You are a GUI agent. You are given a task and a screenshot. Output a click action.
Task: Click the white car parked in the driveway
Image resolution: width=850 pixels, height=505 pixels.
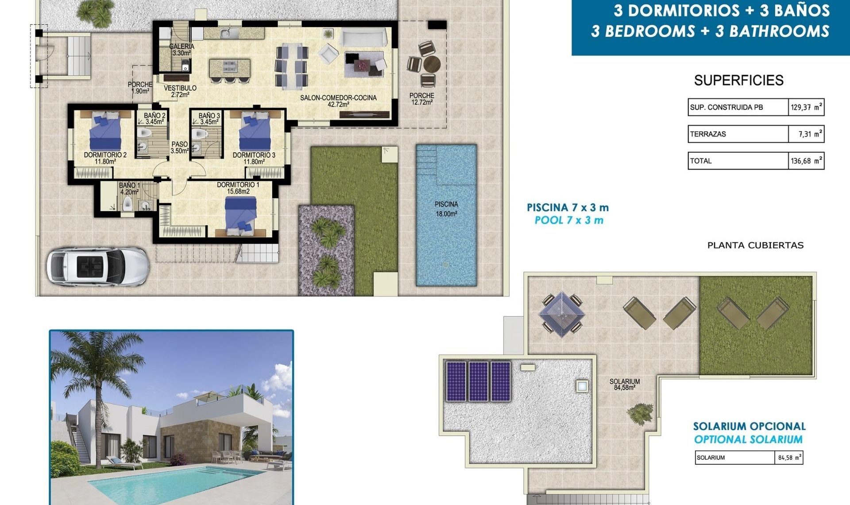click(x=97, y=266)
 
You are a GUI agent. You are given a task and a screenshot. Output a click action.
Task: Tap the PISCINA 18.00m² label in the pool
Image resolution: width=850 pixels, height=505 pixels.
click(x=446, y=209)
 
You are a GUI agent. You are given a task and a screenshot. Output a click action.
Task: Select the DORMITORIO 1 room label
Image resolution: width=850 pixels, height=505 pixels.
click(x=238, y=188)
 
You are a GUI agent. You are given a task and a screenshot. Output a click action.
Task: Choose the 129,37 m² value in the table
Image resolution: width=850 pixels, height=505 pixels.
click(x=806, y=107)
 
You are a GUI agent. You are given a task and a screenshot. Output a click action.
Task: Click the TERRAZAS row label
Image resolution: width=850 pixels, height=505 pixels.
click(x=708, y=134)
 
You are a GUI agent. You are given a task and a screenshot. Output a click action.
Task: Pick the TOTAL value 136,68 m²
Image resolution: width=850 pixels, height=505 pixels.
click(x=806, y=161)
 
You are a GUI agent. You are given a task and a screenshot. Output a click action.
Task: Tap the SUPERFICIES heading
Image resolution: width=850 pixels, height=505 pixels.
click(x=738, y=80)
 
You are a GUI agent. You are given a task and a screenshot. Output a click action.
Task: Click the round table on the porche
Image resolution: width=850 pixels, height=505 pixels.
click(x=432, y=64)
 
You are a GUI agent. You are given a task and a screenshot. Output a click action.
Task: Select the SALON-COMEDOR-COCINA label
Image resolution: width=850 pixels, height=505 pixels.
click(x=338, y=101)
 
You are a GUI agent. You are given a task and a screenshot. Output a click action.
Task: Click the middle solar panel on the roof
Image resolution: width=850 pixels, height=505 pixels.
click(x=478, y=381)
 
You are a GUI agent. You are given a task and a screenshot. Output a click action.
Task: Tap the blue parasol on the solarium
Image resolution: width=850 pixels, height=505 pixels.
click(x=561, y=314)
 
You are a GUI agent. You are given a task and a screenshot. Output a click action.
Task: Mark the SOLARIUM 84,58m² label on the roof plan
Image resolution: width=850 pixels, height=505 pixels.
click(x=624, y=384)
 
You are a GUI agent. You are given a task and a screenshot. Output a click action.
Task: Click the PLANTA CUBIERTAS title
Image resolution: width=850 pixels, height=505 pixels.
click(x=755, y=245)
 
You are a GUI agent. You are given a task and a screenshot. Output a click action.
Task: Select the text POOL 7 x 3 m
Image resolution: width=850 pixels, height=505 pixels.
click(x=569, y=220)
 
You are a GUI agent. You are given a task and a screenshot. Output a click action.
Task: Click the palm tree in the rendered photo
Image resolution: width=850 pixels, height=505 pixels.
click(x=95, y=368)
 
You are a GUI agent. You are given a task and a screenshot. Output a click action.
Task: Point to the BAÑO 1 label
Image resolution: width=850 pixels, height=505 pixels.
click(x=129, y=189)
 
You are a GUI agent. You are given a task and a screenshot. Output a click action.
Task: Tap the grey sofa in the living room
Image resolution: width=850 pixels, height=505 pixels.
click(x=363, y=37)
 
